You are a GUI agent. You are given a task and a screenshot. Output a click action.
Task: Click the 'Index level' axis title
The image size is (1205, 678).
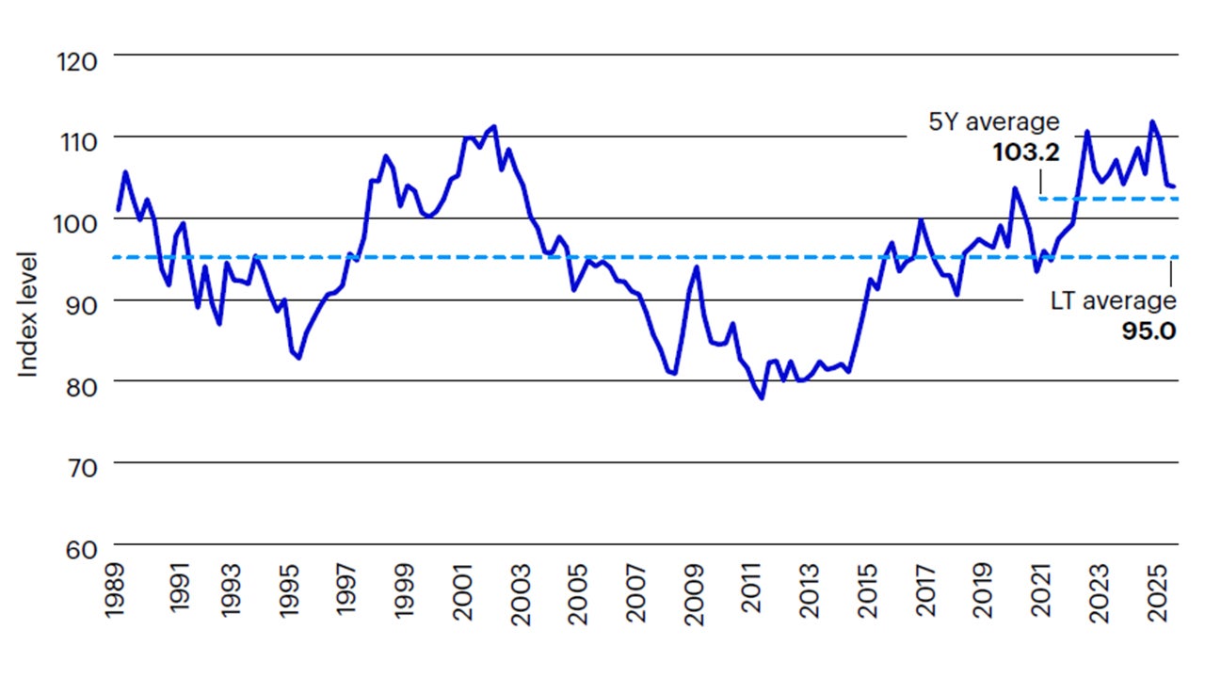pos(29,315)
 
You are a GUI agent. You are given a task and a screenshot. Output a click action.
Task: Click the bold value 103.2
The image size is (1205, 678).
pos(1026,152)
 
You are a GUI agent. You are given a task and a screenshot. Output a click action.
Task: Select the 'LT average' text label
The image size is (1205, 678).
pos(1113,301)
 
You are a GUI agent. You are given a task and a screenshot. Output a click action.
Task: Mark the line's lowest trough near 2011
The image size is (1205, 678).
pos(762,398)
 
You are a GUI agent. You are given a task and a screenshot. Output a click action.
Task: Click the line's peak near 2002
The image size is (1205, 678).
pos(494,126)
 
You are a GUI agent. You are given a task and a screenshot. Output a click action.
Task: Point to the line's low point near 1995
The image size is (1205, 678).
pos(298,358)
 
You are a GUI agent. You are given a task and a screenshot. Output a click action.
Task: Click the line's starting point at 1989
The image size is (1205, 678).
pos(118,209)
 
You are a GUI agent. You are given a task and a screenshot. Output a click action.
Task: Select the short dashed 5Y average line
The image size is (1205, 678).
pos(1107,199)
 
